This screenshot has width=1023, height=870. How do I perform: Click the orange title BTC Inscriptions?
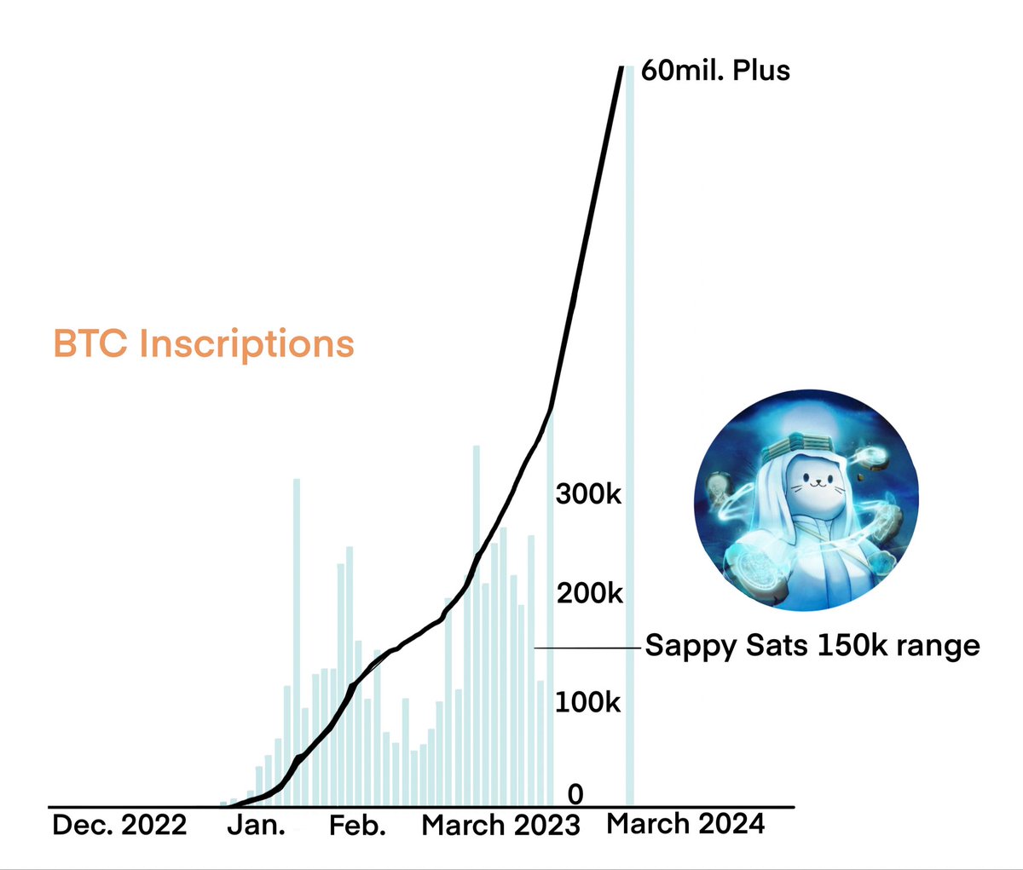(x=204, y=344)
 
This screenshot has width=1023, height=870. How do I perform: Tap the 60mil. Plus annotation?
(x=715, y=70)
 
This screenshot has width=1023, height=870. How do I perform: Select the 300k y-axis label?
(x=589, y=493)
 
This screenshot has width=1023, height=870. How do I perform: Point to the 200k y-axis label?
(x=589, y=593)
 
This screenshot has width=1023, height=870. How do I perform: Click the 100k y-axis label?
(x=588, y=703)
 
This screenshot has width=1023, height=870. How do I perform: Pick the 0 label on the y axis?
(x=576, y=794)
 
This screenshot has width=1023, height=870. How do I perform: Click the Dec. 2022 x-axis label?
(x=119, y=825)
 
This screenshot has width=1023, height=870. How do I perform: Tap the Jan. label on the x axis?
(x=256, y=826)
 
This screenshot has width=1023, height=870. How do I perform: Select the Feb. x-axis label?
(x=358, y=826)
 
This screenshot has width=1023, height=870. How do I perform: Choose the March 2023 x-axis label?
(x=501, y=825)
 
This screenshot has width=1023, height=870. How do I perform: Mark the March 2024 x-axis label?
(x=685, y=824)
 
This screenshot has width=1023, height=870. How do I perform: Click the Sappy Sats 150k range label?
(x=812, y=645)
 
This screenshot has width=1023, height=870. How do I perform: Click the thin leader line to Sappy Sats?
(x=588, y=648)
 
